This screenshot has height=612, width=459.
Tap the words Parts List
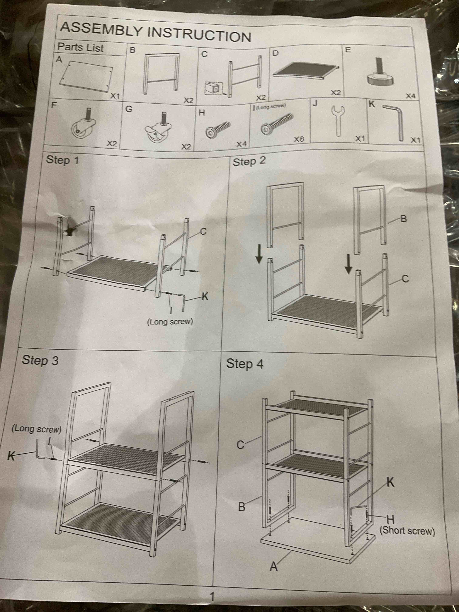click(x=80, y=47)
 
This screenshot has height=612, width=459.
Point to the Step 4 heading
click(x=245, y=364)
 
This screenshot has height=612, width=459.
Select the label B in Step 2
click(x=403, y=219)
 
